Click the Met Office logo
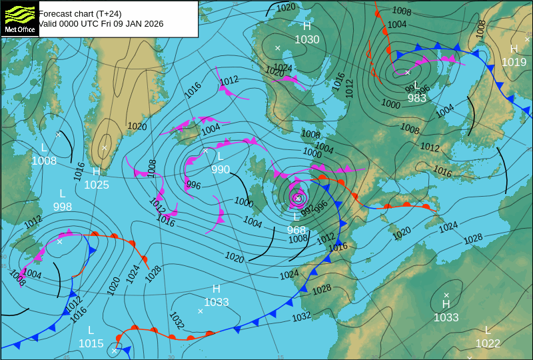pyautogui.click(x=19, y=18)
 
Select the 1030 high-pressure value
pyautogui.click(x=307, y=39)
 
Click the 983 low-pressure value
pyautogui.click(x=417, y=98)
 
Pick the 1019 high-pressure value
pyautogui.click(x=514, y=62)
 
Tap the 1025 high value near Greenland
pyautogui.click(x=97, y=185)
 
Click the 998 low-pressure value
pyautogui.click(x=63, y=207)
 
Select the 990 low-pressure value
pyautogui.click(x=221, y=169)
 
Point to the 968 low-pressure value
pyautogui.click(x=296, y=230)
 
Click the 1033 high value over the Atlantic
pyautogui.click(x=217, y=302)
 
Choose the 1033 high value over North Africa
pyautogui.click(x=446, y=317)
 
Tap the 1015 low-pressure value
pyautogui.click(x=91, y=343)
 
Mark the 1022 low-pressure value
pyautogui.click(x=488, y=343)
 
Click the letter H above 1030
pyautogui.click(x=307, y=26)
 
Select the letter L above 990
pyautogui.click(x=221, y=156)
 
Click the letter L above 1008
pyautogui.click(x=45, y=147)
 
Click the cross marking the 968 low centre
pyautogui.click(x=298, y=198)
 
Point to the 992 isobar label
pyautogui.click(x=307, y=211)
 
